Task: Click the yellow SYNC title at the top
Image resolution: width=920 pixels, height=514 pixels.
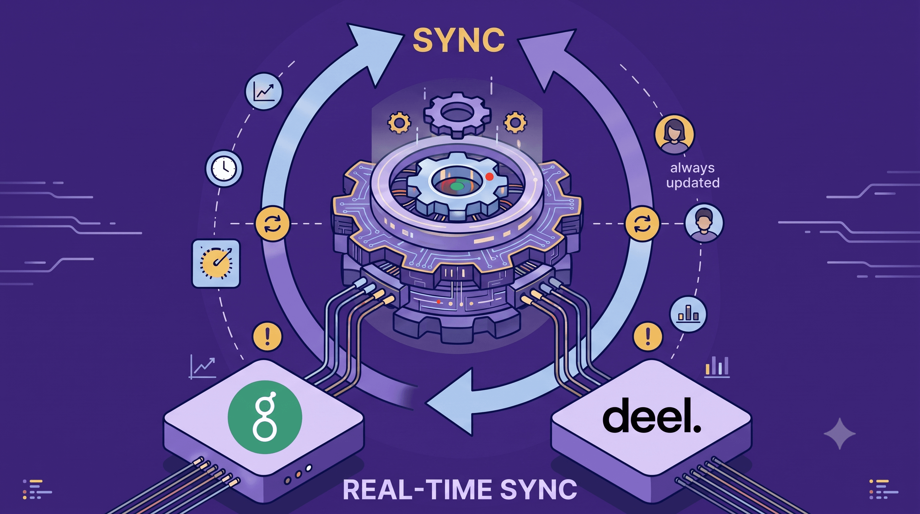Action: (x=459, y=40)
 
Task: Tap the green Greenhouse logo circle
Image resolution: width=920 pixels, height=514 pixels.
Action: (x=265, y=417)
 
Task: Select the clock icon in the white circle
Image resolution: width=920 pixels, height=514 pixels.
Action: (x=224, y=168)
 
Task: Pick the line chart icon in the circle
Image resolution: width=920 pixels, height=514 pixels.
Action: (x=263, y=91)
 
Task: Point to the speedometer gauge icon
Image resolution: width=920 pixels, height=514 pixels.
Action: (x=216, y=263)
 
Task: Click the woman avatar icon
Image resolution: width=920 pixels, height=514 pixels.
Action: (x=674, y=134)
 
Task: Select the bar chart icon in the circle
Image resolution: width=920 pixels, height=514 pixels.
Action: (x=688, y=314)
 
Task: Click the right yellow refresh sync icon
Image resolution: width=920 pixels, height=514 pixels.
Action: (x=642, y=224)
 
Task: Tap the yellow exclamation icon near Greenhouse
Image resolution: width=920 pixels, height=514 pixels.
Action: (x=267, y=336)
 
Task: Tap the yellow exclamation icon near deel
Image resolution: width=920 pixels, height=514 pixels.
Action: (x=648, y=336)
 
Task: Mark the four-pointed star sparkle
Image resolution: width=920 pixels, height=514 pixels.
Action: (x=840, y=433)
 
